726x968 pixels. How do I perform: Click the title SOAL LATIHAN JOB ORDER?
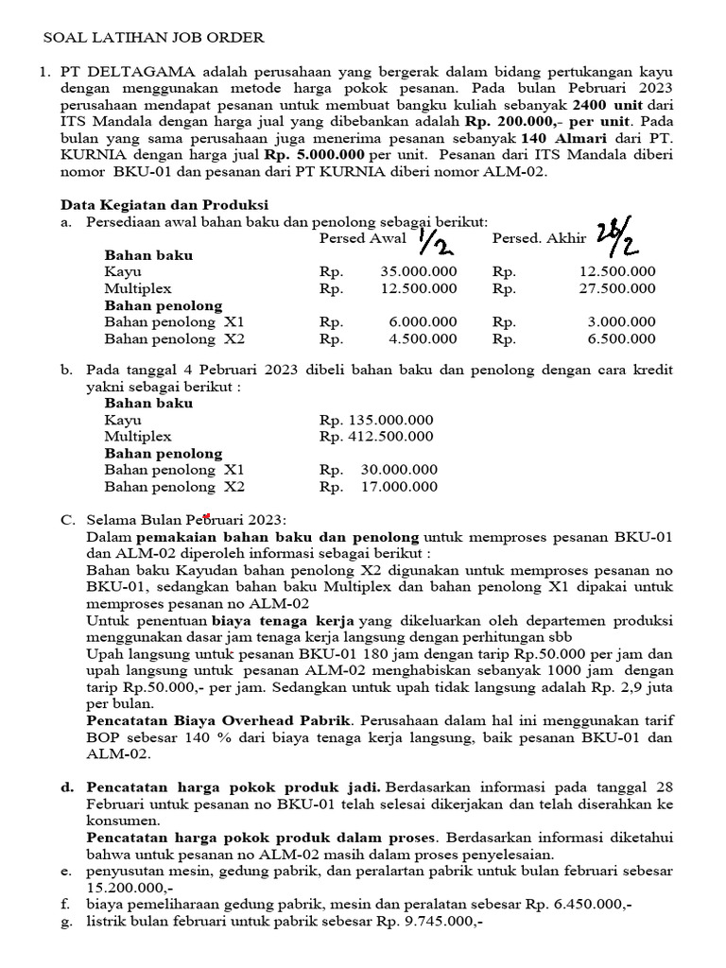155,38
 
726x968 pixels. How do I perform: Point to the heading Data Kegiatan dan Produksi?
164,204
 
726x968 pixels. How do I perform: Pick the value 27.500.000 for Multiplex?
616,289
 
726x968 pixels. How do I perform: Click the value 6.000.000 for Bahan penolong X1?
423,322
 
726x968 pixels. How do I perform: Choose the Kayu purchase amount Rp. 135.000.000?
376,420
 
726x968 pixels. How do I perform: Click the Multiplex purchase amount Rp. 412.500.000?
376,437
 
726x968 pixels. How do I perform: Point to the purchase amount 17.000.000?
399,488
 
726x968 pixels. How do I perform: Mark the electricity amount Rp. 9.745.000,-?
428,923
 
